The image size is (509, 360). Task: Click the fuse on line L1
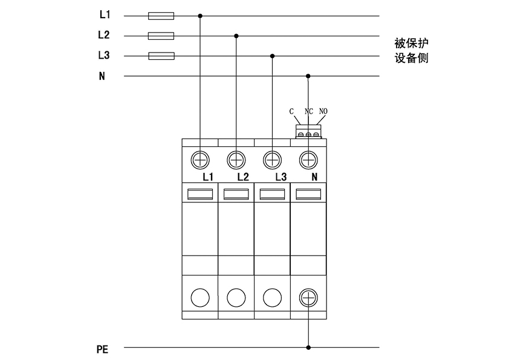[x=161, y=16]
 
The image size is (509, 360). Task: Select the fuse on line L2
[x=161, y=36]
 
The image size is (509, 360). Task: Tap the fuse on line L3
[x=161, y=56]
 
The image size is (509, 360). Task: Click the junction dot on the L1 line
[x=200, y=16]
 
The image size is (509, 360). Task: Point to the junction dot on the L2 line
[x=236, y=36]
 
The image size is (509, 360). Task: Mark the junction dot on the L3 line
[x=273, y=56]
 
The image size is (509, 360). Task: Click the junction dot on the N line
[x=309, y=76]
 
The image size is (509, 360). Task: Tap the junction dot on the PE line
[x=309, y=347]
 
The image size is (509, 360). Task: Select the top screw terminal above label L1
[x=200, y=159]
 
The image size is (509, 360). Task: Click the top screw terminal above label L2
[x=236, y=159]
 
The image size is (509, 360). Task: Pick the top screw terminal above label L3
[x=273, y=159]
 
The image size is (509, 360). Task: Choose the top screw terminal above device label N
[x=309, y=159]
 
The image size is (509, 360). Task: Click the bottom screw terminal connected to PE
[x=309, y=297]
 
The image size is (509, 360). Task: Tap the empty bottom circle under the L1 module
[x=200, y=297]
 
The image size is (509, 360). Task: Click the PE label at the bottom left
[x=102, y=349]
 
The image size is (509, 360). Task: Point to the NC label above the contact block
[x=308, y=112]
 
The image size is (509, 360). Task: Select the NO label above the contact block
[x=323, y=112]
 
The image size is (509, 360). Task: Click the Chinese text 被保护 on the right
[x=411, y=44]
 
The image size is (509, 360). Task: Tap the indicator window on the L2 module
[x=236, y=194]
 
